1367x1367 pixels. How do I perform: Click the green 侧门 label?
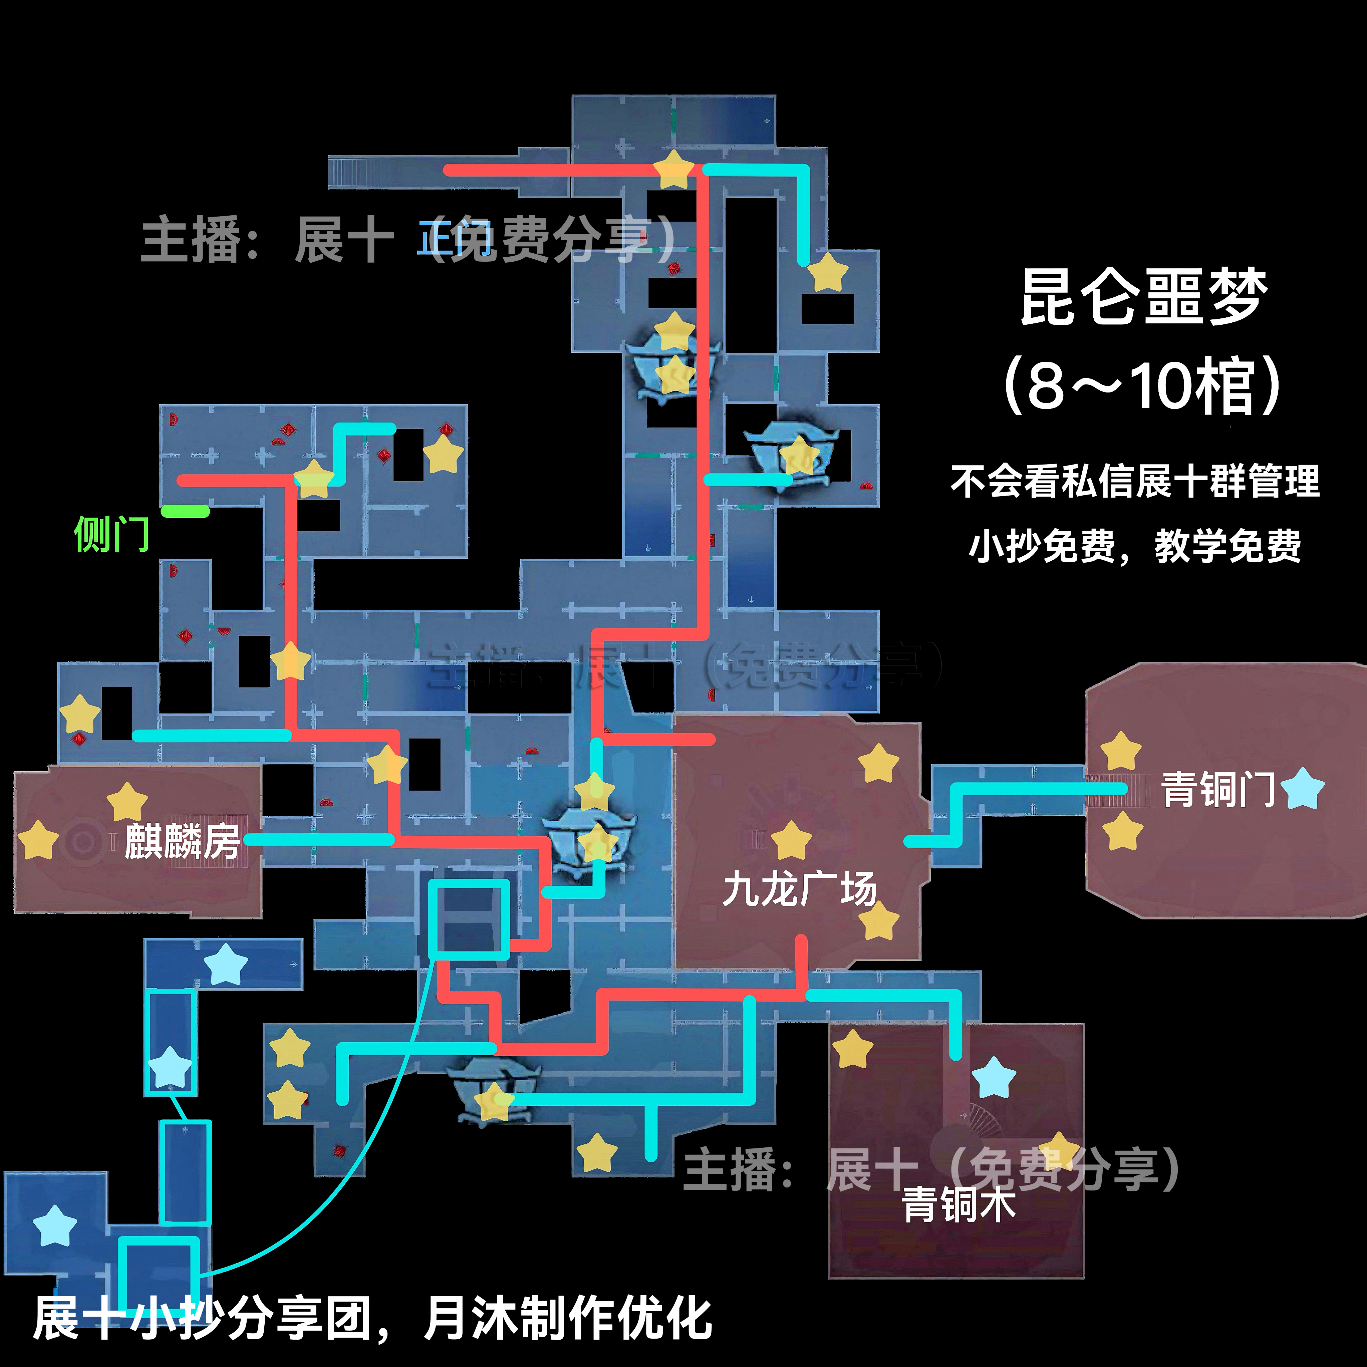(x=112, y=534)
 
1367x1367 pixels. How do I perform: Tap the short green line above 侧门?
(x=185, y=511)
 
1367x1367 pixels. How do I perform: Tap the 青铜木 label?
(x=959, y=1205)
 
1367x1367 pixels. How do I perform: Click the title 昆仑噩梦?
(x=1143, y=297)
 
